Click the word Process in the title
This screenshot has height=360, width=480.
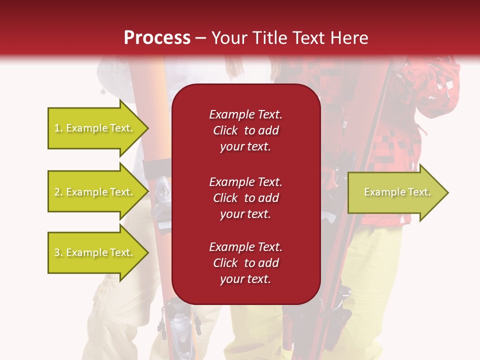tap(157, 38)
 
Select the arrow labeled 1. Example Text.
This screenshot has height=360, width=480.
tap(95, 128)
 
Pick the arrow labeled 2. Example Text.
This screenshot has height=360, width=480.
tap(95, 192)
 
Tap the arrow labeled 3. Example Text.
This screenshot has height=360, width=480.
tap(95, 252)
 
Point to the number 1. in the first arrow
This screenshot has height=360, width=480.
tap(58, 128)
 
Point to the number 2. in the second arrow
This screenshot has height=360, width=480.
tap(58, 192)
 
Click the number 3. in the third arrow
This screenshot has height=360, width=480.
tap(58, 252)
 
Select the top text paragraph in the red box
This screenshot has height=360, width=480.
tap(245, 130)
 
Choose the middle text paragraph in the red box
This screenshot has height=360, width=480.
tap(245, 198)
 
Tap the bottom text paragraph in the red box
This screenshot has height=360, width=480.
tap(245, 263)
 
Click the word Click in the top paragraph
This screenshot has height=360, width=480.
tap(225, 130)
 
